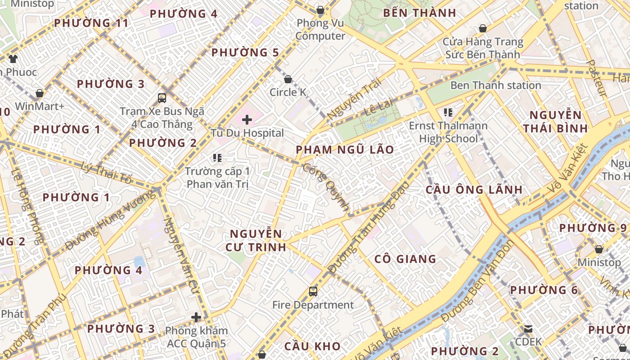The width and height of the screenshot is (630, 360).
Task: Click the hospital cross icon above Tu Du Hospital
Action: coord(247,120)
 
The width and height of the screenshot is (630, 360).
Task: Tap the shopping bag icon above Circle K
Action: coord(288,80)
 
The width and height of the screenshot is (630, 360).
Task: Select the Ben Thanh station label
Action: coord(495,85)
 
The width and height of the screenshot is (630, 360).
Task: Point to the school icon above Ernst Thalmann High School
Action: coord(448,112)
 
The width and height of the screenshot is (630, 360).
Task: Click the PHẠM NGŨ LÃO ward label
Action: coord(345,149)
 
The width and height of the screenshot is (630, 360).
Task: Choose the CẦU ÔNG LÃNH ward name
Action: coord(474,189)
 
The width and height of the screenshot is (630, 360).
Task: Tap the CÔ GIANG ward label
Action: coord(405,259)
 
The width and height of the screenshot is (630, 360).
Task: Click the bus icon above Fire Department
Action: coord(313,292)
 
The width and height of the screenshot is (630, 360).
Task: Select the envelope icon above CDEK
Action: coord(528,329)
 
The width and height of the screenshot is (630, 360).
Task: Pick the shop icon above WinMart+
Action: coord(40,93)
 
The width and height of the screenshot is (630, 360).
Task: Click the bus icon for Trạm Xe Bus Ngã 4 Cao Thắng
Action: coord(162,98)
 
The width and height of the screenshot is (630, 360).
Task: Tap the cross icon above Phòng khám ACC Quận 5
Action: coord(196,317)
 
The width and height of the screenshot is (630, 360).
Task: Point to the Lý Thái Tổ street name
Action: coord(107,173)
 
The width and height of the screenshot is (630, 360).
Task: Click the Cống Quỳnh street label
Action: coord(326,187)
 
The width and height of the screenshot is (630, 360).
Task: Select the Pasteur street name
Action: coord(597,78)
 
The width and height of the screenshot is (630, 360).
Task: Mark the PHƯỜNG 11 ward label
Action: coord(91,23)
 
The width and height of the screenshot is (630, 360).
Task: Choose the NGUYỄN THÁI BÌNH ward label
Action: coord(555,121)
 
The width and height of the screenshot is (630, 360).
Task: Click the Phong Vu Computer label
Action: coord(320,29)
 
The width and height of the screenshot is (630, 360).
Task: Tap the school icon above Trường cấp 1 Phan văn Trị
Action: coord(218,158)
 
